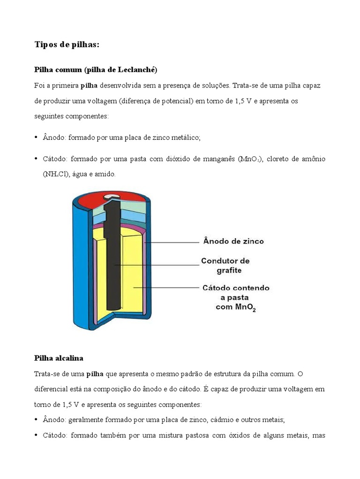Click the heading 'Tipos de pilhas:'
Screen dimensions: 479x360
coord(67,45)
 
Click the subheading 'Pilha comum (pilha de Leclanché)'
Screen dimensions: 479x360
coord(96,70)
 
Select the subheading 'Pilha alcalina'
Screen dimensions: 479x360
coord(59,358)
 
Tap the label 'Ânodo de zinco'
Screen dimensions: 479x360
coord(233,241)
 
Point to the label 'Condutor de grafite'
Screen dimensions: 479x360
coord(225,265)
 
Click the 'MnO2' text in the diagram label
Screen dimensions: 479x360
coord(245,308)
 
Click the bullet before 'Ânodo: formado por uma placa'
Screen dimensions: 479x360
coord(37,137)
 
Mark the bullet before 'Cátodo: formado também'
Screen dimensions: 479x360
coord(37,435)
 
